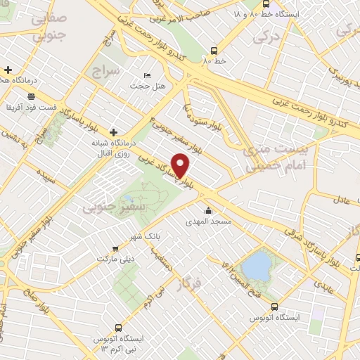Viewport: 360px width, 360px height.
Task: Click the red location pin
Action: (x=181, y=165)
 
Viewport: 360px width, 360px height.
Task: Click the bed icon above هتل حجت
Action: (x=147, y=75)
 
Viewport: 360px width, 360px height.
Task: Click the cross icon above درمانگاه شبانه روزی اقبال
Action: (x=113, y=131)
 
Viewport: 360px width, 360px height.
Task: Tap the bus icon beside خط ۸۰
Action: (x=214, y=51)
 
